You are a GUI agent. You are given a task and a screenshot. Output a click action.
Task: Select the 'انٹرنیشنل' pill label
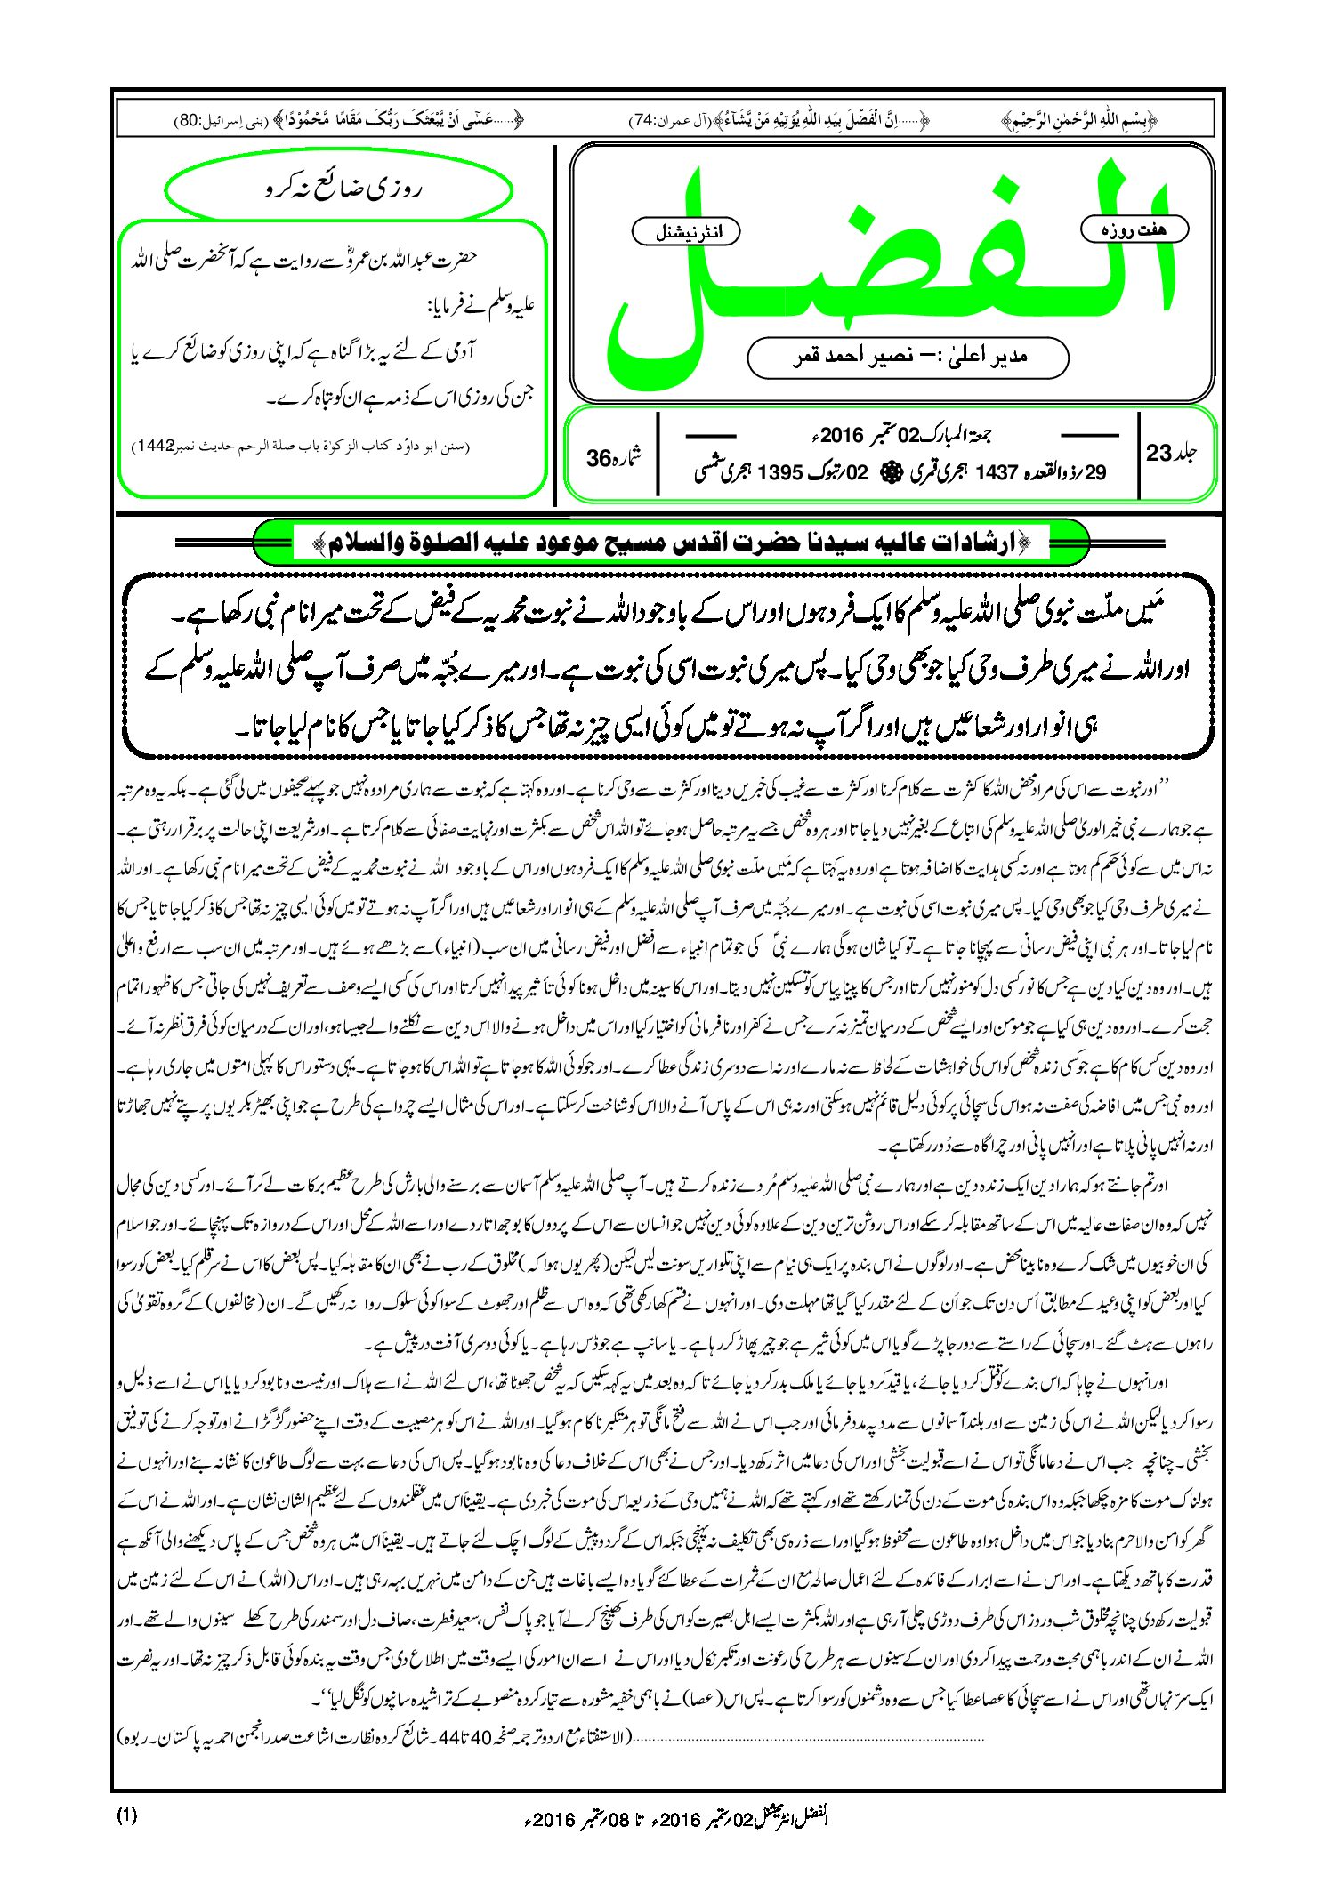click(x=684, y=232)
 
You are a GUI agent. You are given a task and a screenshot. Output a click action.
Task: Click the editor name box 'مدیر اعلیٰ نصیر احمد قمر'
click(x=908, y=357)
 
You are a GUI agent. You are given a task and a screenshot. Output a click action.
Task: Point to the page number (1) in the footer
click(x=126, y=1815)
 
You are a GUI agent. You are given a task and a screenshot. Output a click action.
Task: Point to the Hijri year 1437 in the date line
click(x=996, y=472)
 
